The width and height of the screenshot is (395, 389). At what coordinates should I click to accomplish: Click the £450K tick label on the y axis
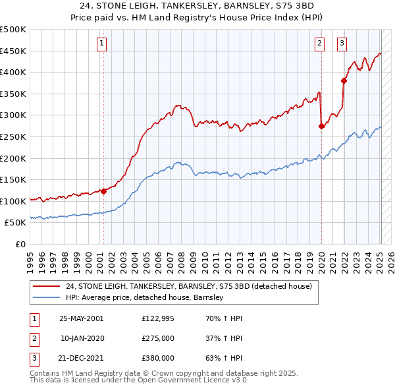[14, 51]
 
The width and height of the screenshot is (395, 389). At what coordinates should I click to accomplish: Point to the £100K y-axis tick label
[14, 200]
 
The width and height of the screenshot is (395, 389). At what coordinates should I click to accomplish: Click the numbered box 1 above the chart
[103, 44]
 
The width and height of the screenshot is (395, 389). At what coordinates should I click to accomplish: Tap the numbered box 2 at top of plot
[319, 44]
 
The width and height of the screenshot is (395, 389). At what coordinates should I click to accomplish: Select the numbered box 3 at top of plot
[342, 44]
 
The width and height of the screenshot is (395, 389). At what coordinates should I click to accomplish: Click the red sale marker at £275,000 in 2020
[321, 127]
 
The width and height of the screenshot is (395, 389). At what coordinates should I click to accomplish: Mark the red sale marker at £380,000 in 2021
[344, 81]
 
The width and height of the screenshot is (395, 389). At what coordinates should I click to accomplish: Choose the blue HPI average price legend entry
[145, 297]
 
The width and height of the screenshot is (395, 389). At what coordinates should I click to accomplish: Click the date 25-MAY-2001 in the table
[81, 318]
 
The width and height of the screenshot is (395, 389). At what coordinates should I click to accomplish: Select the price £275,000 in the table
[158, 338]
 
